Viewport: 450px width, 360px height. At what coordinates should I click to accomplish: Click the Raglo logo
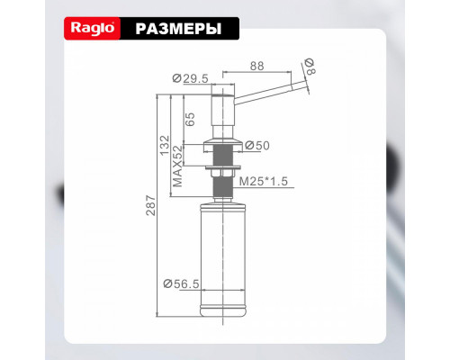pyautogui.click(x=91, y=30)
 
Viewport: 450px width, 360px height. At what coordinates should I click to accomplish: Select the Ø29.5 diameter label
pyautogui.click(x=191, y=78)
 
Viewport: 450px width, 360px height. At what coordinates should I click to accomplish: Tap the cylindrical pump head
pyautogui.click(x=221, y=112)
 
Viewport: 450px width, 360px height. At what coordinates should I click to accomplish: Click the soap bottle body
pyautogui.click(x=221, y=252)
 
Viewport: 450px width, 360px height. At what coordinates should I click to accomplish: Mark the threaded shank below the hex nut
pyautogui.click(x=221, y=187)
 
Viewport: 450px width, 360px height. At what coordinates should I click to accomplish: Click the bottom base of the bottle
pyautogui.click(x=221, y=315)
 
